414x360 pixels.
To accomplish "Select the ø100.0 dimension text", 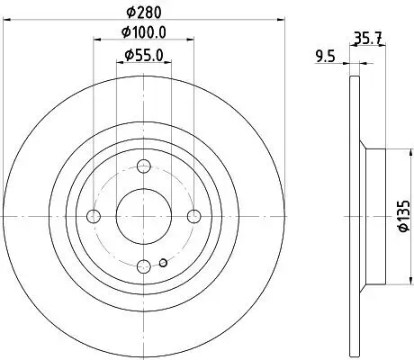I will (144, 33).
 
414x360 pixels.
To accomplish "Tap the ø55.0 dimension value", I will (144, 56).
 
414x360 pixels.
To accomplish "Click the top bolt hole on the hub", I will (144, 166).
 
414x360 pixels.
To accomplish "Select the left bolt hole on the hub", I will (94, 216).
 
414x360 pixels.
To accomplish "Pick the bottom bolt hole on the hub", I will (144, 265).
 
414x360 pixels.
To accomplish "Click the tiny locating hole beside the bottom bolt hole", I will (162, 263).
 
